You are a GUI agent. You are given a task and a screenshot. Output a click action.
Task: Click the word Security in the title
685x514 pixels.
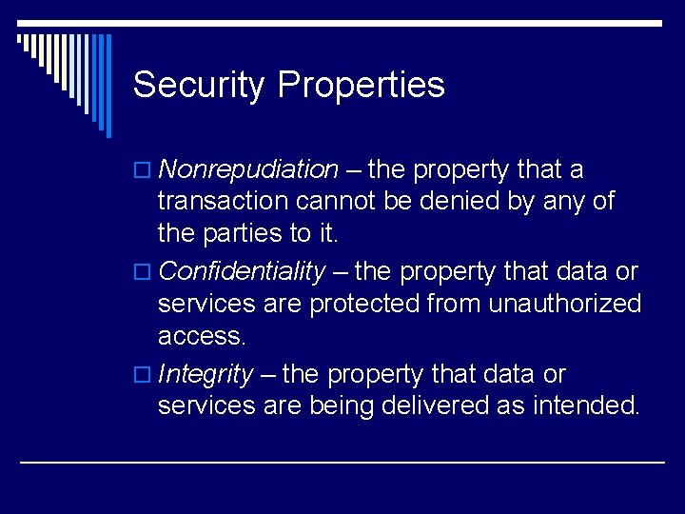(x=199, y=86)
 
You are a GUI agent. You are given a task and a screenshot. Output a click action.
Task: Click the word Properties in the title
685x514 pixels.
(x=361, y=86)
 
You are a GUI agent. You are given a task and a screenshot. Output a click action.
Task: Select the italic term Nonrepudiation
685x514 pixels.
(x=248, y=170)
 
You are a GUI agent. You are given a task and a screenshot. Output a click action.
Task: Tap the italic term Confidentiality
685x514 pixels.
(x=242, y=272)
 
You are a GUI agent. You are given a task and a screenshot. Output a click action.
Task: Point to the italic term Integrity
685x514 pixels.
(x=205, y=374)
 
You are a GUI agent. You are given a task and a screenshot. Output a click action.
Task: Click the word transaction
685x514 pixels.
(x=224, y=202)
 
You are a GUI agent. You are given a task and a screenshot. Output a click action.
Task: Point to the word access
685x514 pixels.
(x=201, y=334)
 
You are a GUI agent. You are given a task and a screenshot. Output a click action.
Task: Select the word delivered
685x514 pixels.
(x=435, y=405)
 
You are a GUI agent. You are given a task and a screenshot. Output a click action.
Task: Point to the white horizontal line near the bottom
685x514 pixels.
(x=342, y=462)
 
